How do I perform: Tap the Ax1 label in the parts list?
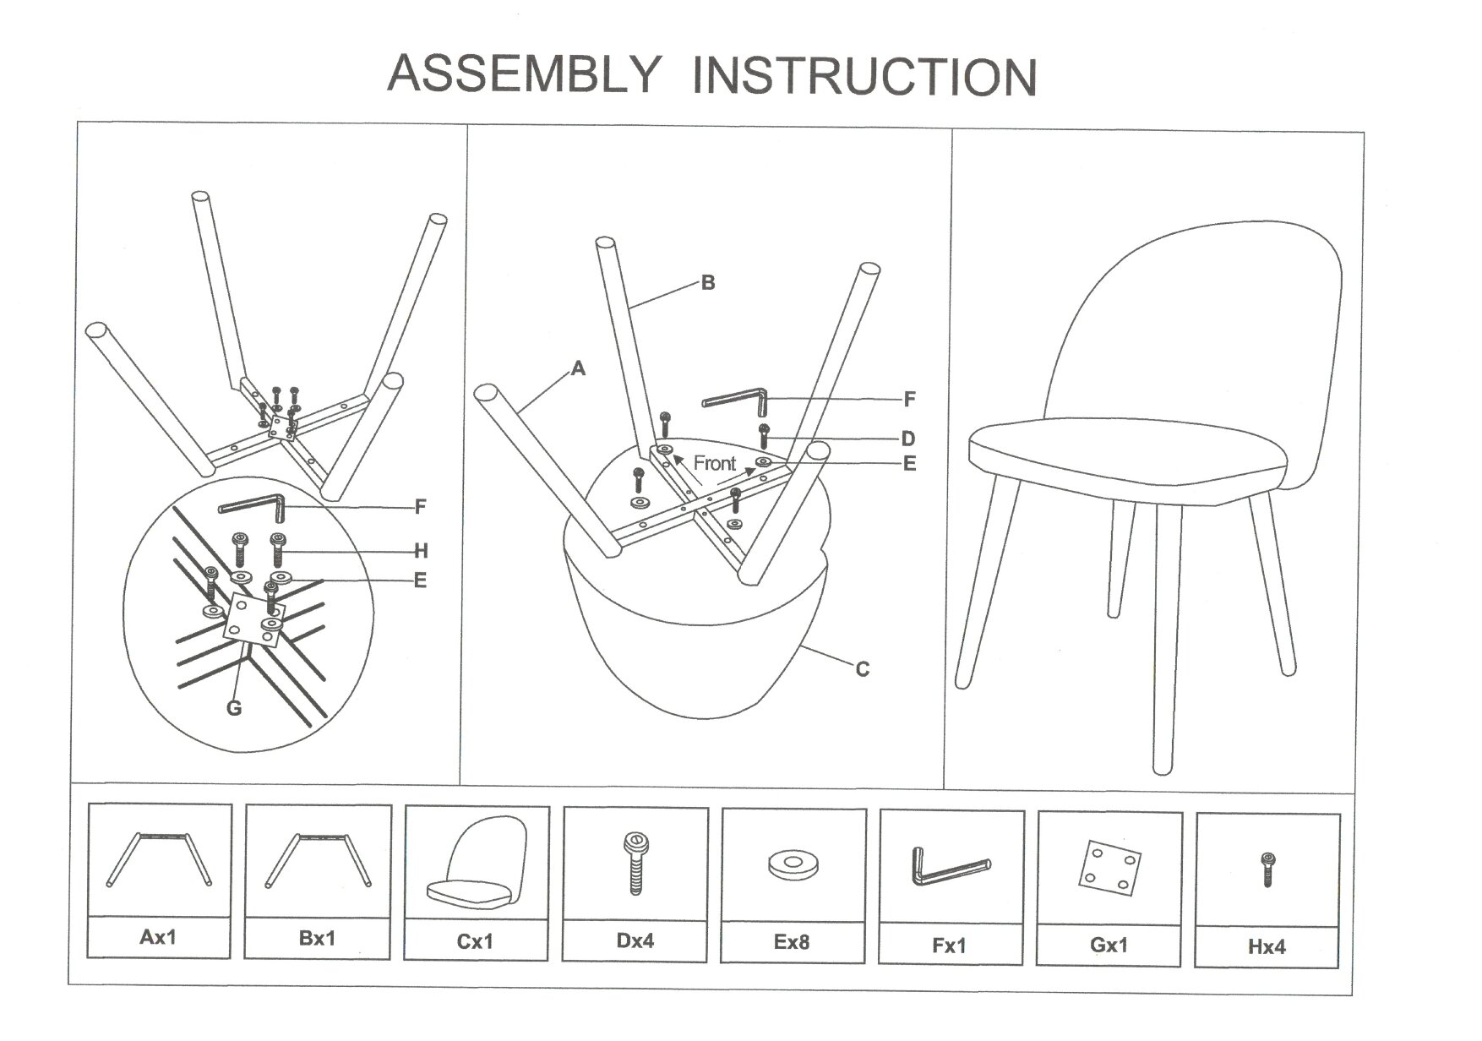coord(159,936)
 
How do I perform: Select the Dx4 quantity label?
coord(635,940)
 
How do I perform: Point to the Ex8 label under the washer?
coord(792,941)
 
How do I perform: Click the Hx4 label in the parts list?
coord(1267,946)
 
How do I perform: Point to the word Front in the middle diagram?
coord(715,463)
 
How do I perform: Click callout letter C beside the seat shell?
coord(862,669)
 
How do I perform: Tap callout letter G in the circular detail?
coord(234,708)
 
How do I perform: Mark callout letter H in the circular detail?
coord(421,552)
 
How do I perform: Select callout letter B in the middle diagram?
coord(708,283)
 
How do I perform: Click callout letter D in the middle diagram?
coord(908,439)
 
